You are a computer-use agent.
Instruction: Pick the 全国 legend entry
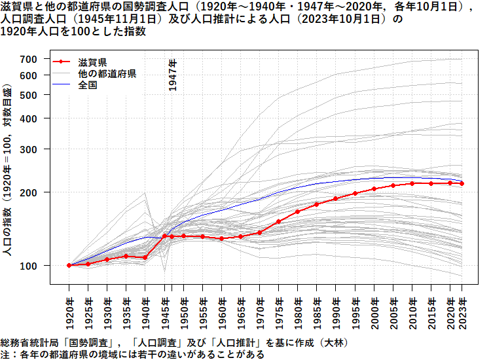(x=88, y=85)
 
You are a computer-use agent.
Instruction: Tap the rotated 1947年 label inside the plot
(x=173, y=75)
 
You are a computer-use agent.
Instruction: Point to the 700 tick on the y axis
(x=29, y=59)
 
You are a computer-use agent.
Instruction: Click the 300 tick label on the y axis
(x=29, y=149)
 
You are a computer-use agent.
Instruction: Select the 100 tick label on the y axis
(x=29, y=265)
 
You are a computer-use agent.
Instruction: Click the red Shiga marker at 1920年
(x=69, y=265)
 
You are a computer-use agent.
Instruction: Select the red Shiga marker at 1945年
(x=164, y=236)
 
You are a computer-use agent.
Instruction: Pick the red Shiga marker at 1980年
(x=298, y=211)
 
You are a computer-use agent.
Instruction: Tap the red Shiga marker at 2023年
(x=462, y=184)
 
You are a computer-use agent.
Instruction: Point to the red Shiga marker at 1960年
(x=222, y=239)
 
